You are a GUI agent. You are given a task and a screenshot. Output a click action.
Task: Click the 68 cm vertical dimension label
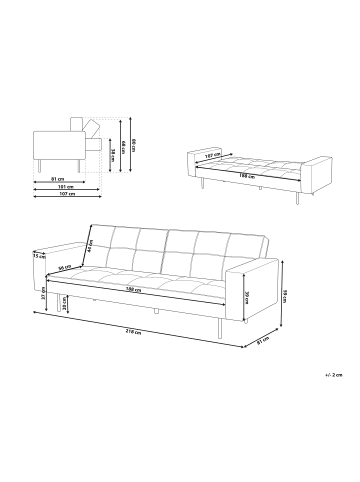[x=122, y=146]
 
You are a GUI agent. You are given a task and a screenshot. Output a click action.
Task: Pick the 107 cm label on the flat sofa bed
[x=211, y=156]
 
